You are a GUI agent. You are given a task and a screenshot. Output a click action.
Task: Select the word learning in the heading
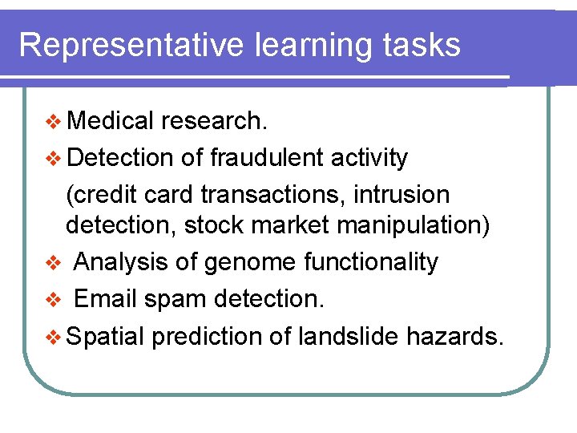(x=312, y=47)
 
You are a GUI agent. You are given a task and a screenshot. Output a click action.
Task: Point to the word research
(x=213, y=121)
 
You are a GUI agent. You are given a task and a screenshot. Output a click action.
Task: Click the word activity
(x=369, y=158)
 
